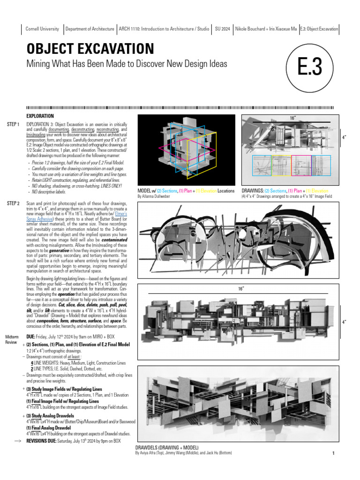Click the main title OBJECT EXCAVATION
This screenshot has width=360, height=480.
pyautogui.click(x=90, y=48)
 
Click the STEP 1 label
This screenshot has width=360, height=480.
pyautogui.click(x=13, y=124)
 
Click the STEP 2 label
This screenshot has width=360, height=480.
pyautogui.click(x=13, y=203)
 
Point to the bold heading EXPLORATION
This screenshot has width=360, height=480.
pyautogui.click(x=40, y=116)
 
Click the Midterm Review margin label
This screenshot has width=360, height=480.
pyautogui.click(x=12, y=339)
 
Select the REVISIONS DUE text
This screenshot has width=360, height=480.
pyautogui.click(x=46, y=441)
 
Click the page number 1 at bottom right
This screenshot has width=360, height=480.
pyautogui.click(x=333, y=453)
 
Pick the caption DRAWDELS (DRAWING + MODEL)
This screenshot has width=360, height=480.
pyautogui.click(x=166, y=448)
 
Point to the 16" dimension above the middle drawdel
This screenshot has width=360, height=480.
pyautogui.click(x=241, y=289)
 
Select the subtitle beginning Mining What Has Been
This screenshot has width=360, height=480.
pyautogui.click(x=127, y=63)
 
